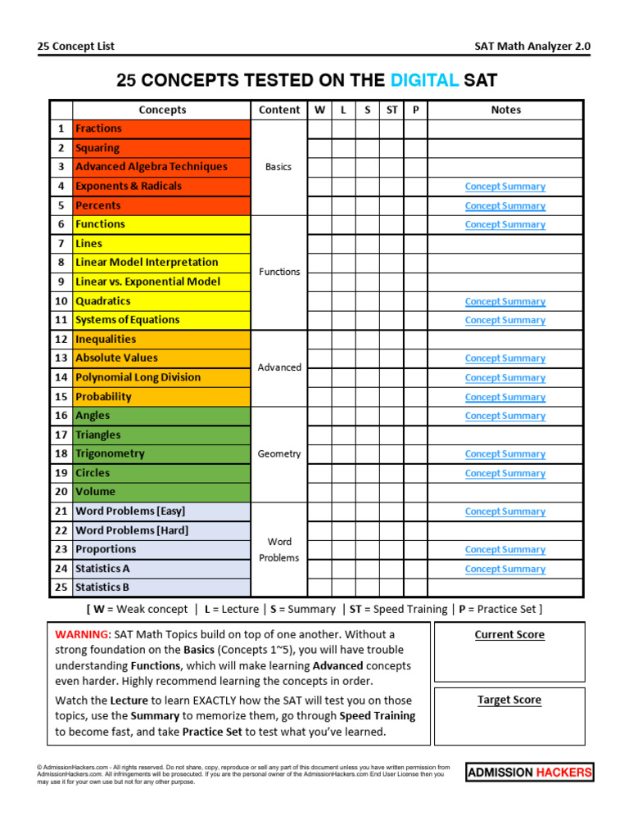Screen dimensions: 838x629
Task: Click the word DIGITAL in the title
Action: tap(424, 80)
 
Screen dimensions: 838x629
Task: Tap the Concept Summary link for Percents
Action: tap(505, 206)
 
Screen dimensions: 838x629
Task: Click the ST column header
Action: tap(392, 110)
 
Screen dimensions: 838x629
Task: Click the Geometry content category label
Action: tap(279, 454)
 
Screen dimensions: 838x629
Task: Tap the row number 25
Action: tap(61, 588)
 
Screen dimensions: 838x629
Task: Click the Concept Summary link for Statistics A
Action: tap(505, 569)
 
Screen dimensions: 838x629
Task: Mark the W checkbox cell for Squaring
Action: tap(319, 148)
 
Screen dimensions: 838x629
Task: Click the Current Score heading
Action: tap(509, 635)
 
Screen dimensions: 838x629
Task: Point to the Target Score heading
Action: tap(509, 701)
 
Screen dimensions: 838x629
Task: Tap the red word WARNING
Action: tap(81, 634)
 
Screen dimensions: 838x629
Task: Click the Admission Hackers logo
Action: tap(530, 773)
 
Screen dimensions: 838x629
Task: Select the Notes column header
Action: tap(505, 110)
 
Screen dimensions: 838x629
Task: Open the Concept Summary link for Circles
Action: tap(505, 473)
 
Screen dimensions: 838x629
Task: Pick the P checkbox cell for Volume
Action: tap(415, 492)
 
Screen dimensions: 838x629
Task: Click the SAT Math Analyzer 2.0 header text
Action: tap(532, 47)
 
